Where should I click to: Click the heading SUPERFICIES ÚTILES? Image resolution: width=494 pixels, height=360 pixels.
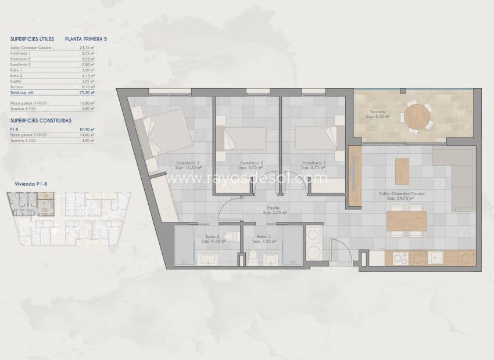click(x=32, y=39)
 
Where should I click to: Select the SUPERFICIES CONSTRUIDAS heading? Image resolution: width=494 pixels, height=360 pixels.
click(x=41, y=121)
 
